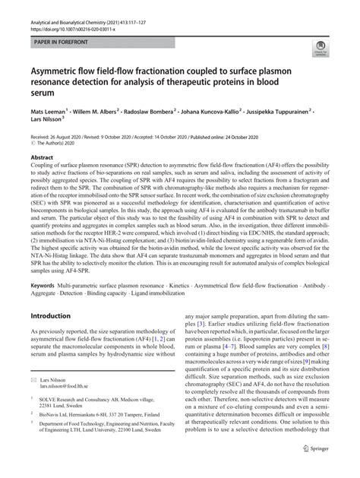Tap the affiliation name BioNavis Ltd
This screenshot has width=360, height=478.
coord(57,435)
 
